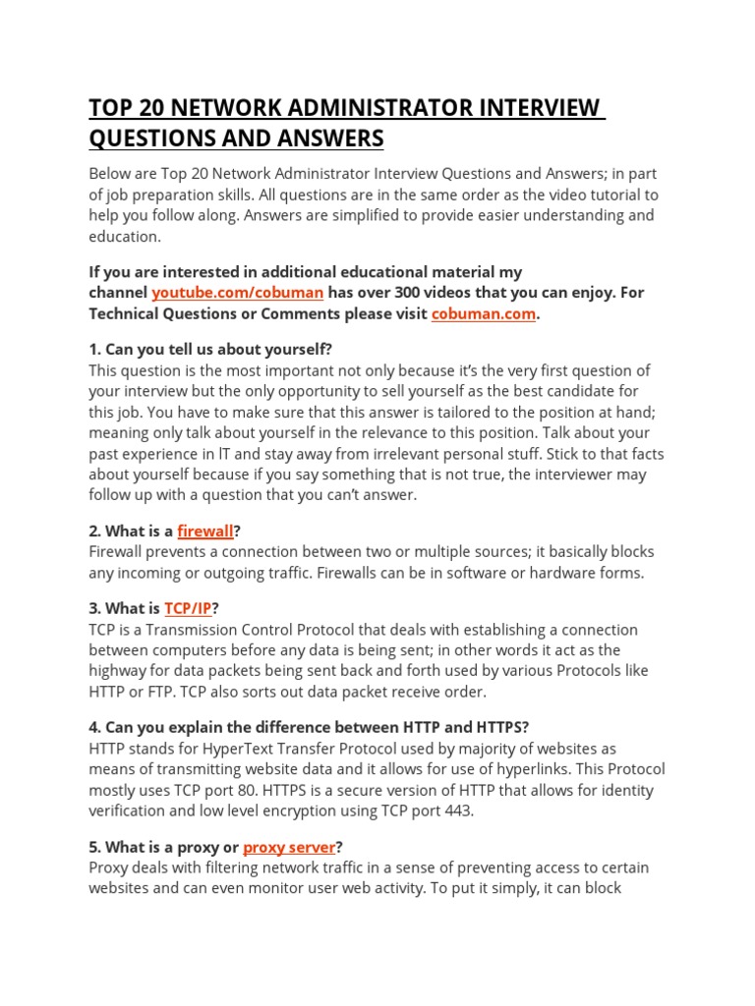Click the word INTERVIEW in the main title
527,108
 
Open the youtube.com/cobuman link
237,293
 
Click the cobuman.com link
484,313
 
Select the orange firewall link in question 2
205,531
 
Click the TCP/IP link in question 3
188,608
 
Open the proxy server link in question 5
289,847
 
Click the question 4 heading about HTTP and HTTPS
309,727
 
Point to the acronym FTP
159,692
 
